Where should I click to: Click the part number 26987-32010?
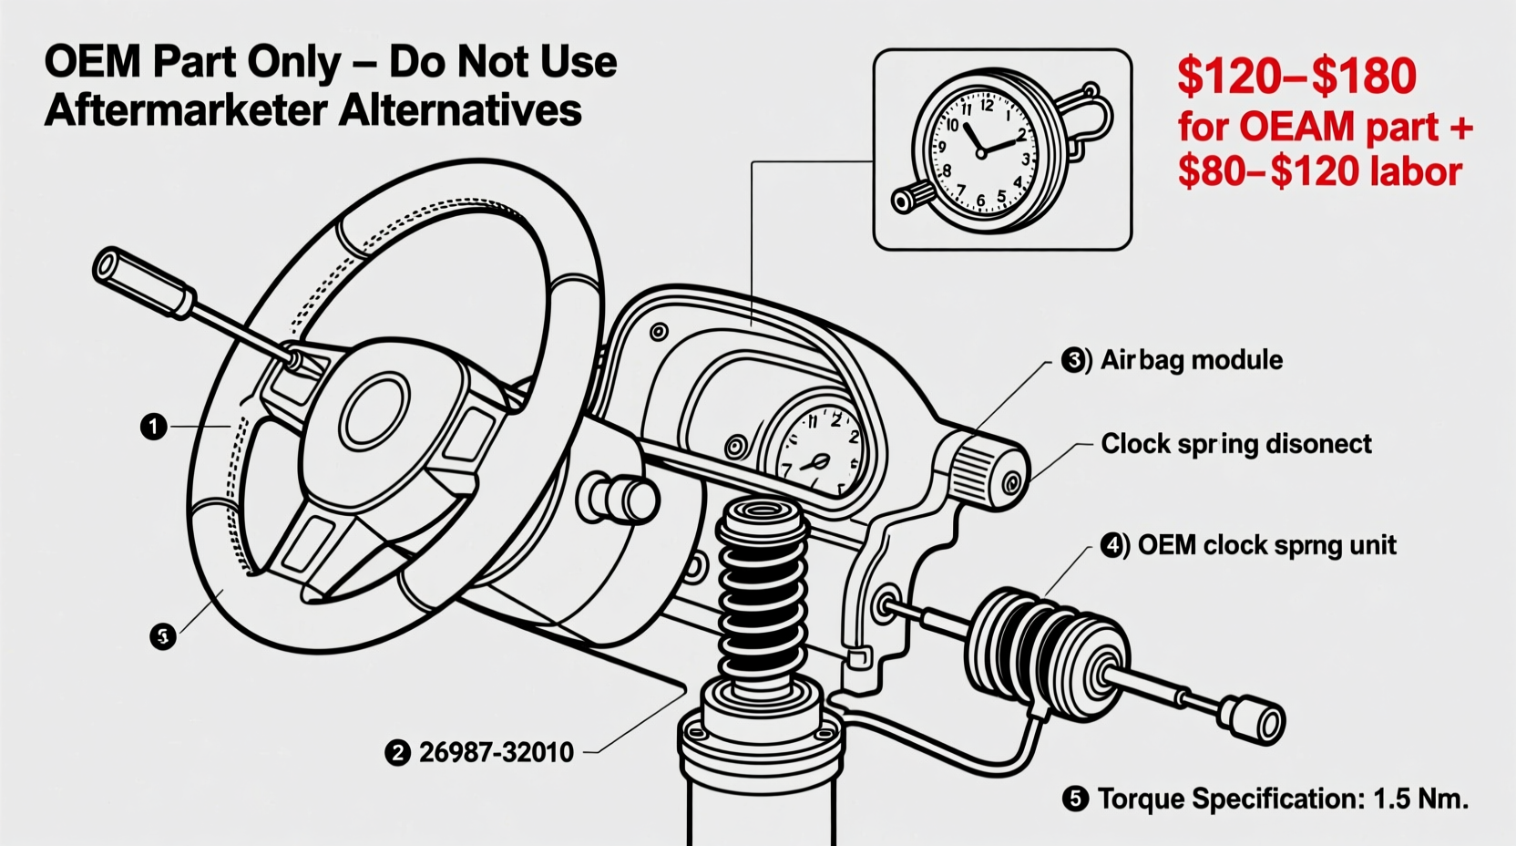click(x=497, y=752)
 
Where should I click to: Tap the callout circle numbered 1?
click(x=153, y=426)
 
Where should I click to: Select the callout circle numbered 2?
click(x=397, y=752)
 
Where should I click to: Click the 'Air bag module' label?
click(x=1191, y=360)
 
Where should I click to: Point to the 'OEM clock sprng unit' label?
click(x=1266, y=545)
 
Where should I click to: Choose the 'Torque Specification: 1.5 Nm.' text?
click(x=1282, y=799)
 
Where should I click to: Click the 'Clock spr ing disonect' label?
click(x=1235, y=444)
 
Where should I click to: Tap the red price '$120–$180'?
click(x=1296, y=77)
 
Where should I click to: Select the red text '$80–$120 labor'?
click(x=1319, y=171)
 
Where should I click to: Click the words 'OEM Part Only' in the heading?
click(x=191, y=62)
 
